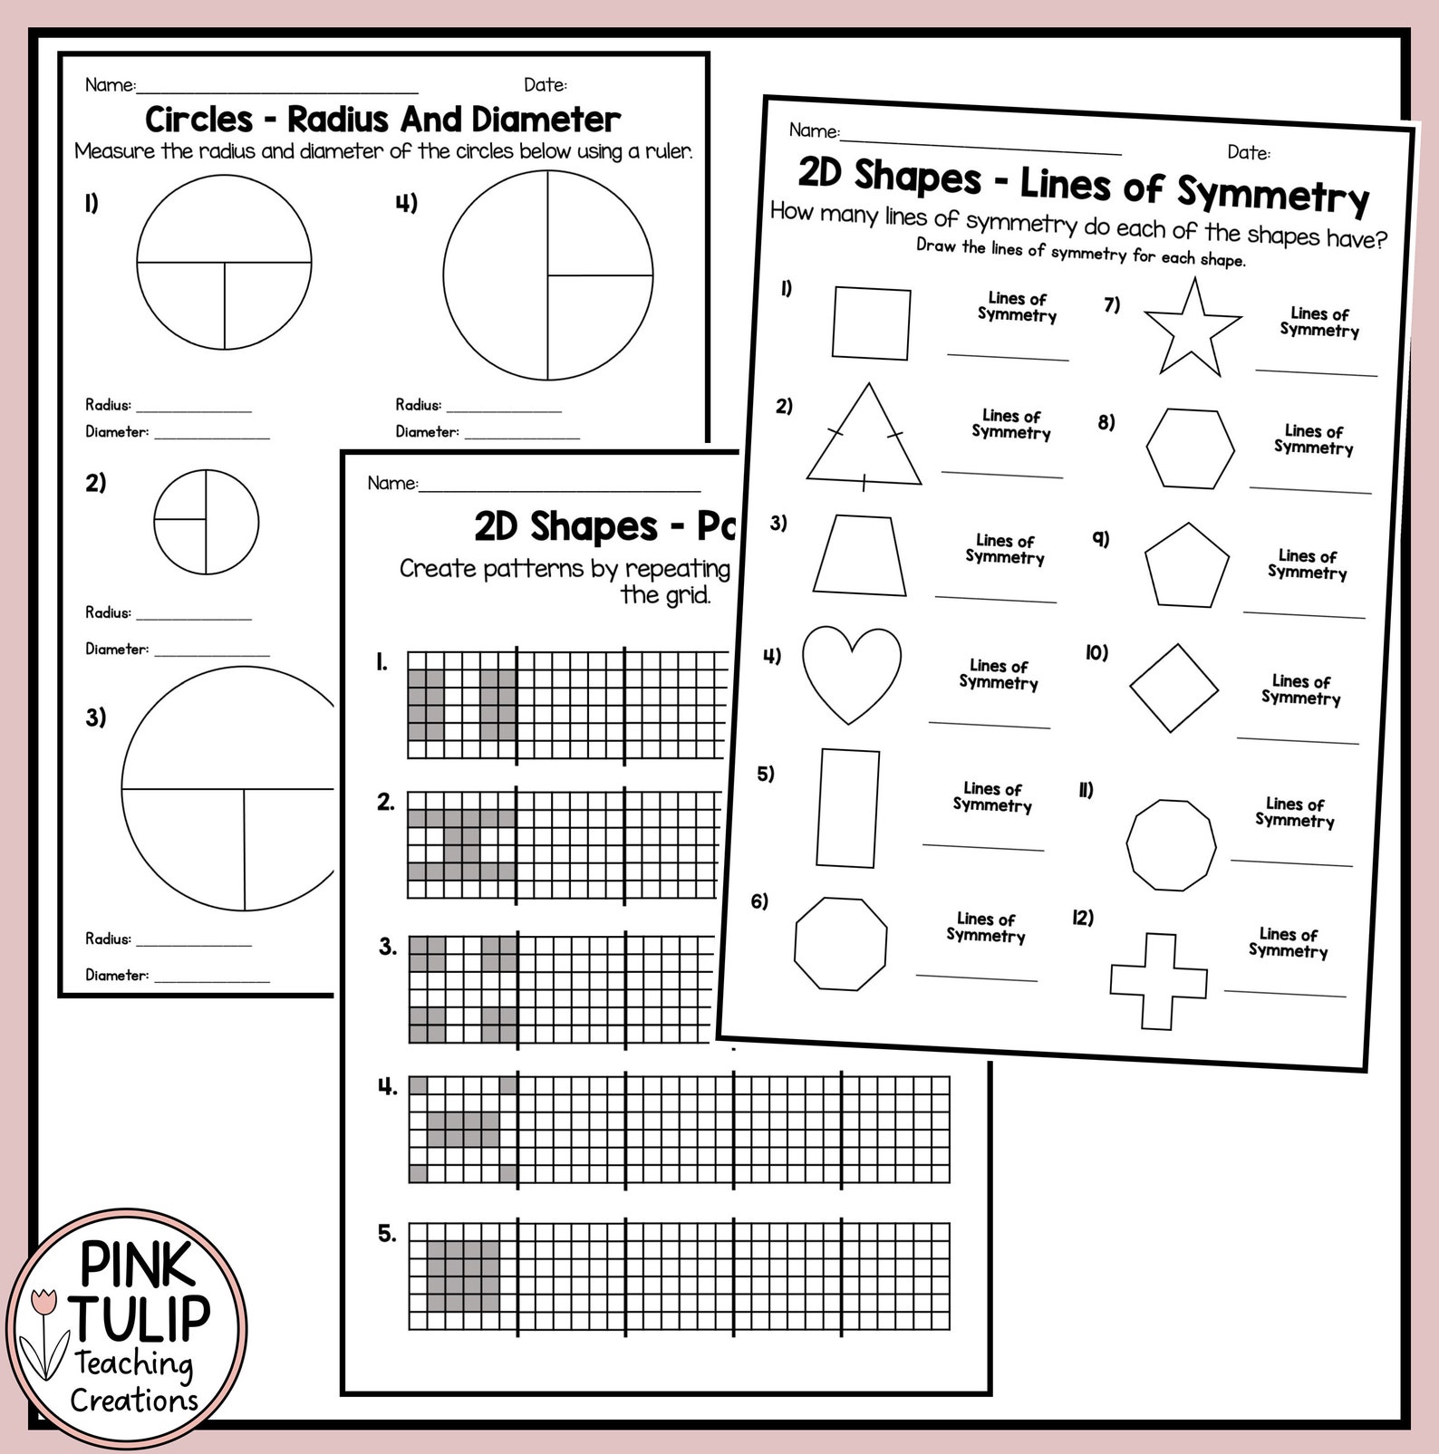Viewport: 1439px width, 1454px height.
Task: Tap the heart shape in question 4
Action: tap(851, 671)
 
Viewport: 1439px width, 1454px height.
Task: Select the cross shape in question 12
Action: tap(1158, 981)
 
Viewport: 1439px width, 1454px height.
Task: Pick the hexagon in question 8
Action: tap(1190, 448)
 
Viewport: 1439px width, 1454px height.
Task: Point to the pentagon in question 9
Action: tap(1186, 567)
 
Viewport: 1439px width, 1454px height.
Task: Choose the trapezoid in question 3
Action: tap(860, 556)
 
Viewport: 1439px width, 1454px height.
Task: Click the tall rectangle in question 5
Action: tap(847, 808)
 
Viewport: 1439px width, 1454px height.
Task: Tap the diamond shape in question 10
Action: tap(1173, 688)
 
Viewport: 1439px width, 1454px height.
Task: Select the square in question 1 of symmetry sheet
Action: tap(871, 323)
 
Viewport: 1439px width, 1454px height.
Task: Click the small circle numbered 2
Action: tap(206, 522)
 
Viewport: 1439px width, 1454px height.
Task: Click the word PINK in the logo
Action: tap(137, 1265)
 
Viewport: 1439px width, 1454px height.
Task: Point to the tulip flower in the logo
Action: tap(43, 1303)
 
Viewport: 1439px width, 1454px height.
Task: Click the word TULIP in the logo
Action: tap(141, 1317)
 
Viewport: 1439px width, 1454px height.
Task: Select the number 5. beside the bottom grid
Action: tap(387, 1234)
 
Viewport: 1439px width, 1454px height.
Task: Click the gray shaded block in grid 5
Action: tap(463, 1276)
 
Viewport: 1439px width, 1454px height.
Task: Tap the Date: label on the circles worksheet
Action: tap(545, 85)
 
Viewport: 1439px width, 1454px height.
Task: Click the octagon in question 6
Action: tap(840, 943)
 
